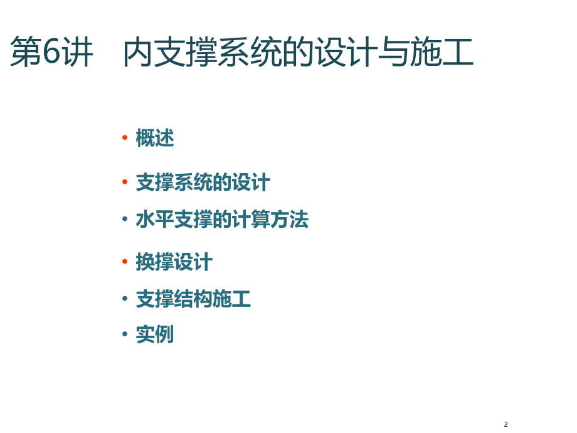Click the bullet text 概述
pyautogui.click(x=155, y=138)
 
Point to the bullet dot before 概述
pyautogui.click(x=125, y=138)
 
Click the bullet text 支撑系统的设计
pyautogui.click(x=203, y=183)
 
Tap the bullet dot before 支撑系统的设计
pyautogui.click(x=125, y=183)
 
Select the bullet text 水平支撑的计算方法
pyautogui.click(x=222, y=220)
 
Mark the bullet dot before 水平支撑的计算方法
pyautogui.click(x=125, y=220)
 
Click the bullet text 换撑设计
pyautogui.click(x=174, y=262)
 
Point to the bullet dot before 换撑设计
pyautogui.click(x=125, y=262)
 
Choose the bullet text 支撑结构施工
pyautogui.click(x=193, y=299)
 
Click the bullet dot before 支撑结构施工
pyautogui.click(x=125, y=299)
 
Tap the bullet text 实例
pyautogui.click(x=155, y=334)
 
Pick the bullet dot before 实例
pyautogui.click(x=125, y=334)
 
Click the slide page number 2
pyautogui.click(x=506, y=425)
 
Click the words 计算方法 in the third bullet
pyautogui.click(x=270, y=220)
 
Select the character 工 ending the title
pyautogui.click(x=457, y=53)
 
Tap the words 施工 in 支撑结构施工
pyautogui.click(x=231, y=299)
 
